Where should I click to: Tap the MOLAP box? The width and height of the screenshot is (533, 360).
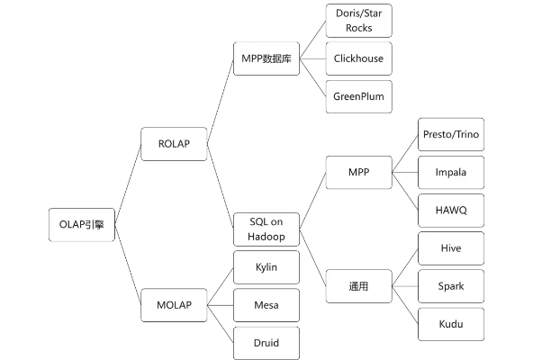175,304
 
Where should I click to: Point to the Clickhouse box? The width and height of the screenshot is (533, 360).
358,59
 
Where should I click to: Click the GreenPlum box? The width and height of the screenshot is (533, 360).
358,96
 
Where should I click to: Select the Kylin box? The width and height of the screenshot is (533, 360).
266,268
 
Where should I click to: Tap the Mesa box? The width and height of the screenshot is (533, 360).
266,305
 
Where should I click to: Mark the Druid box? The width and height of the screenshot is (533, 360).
266,342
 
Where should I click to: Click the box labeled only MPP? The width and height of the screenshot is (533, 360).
358,170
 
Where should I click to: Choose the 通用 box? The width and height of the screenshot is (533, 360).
358,287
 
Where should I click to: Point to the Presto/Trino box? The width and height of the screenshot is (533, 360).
450,134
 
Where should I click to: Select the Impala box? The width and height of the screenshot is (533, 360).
450,171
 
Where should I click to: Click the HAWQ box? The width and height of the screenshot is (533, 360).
450,209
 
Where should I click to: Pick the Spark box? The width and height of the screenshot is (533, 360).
450,285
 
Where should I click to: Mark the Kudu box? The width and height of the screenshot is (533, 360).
450,323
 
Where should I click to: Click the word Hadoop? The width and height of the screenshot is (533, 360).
266,237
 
